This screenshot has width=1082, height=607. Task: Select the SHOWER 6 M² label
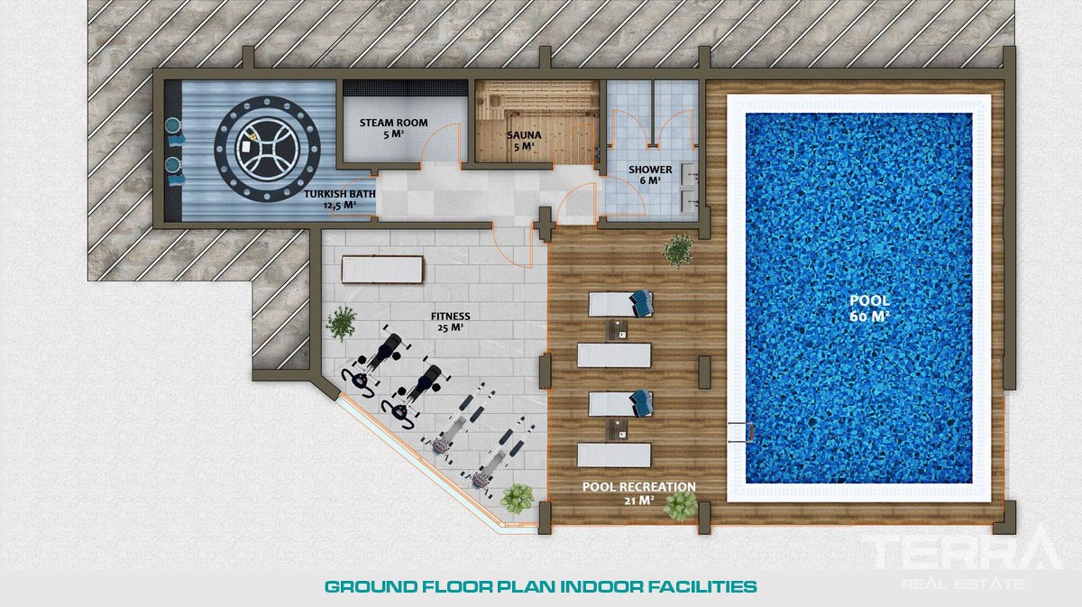pos(650,175)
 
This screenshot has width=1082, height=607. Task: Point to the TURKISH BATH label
pos(340,194)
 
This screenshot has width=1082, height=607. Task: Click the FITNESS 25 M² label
pos(450,322)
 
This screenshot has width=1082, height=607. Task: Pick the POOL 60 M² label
pos(869,308)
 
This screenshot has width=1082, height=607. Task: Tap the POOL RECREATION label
pos(639,487)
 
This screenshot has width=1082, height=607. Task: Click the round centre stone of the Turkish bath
pos(267,148)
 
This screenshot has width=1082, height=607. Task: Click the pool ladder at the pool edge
pos(741,432)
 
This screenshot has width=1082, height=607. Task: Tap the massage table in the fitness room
pos(382,269)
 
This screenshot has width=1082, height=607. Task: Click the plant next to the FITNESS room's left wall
pos(341,323)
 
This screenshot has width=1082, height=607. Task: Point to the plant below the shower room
pos(678,251)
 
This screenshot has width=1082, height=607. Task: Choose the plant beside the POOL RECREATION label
pos(680,506)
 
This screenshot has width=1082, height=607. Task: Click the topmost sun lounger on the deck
pos(620,304)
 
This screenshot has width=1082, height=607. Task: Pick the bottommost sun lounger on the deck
pos(614,455)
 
